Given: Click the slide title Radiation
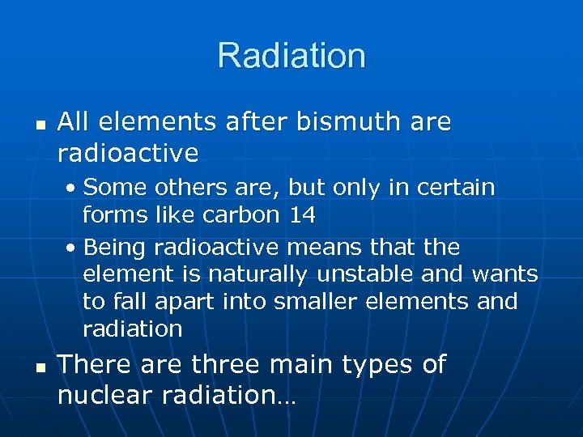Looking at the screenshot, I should click(291, 56).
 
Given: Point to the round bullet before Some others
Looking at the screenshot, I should click(72, 189).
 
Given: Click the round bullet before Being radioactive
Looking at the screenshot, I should click(72, 248).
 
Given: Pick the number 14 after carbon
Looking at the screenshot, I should click(301, 216).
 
